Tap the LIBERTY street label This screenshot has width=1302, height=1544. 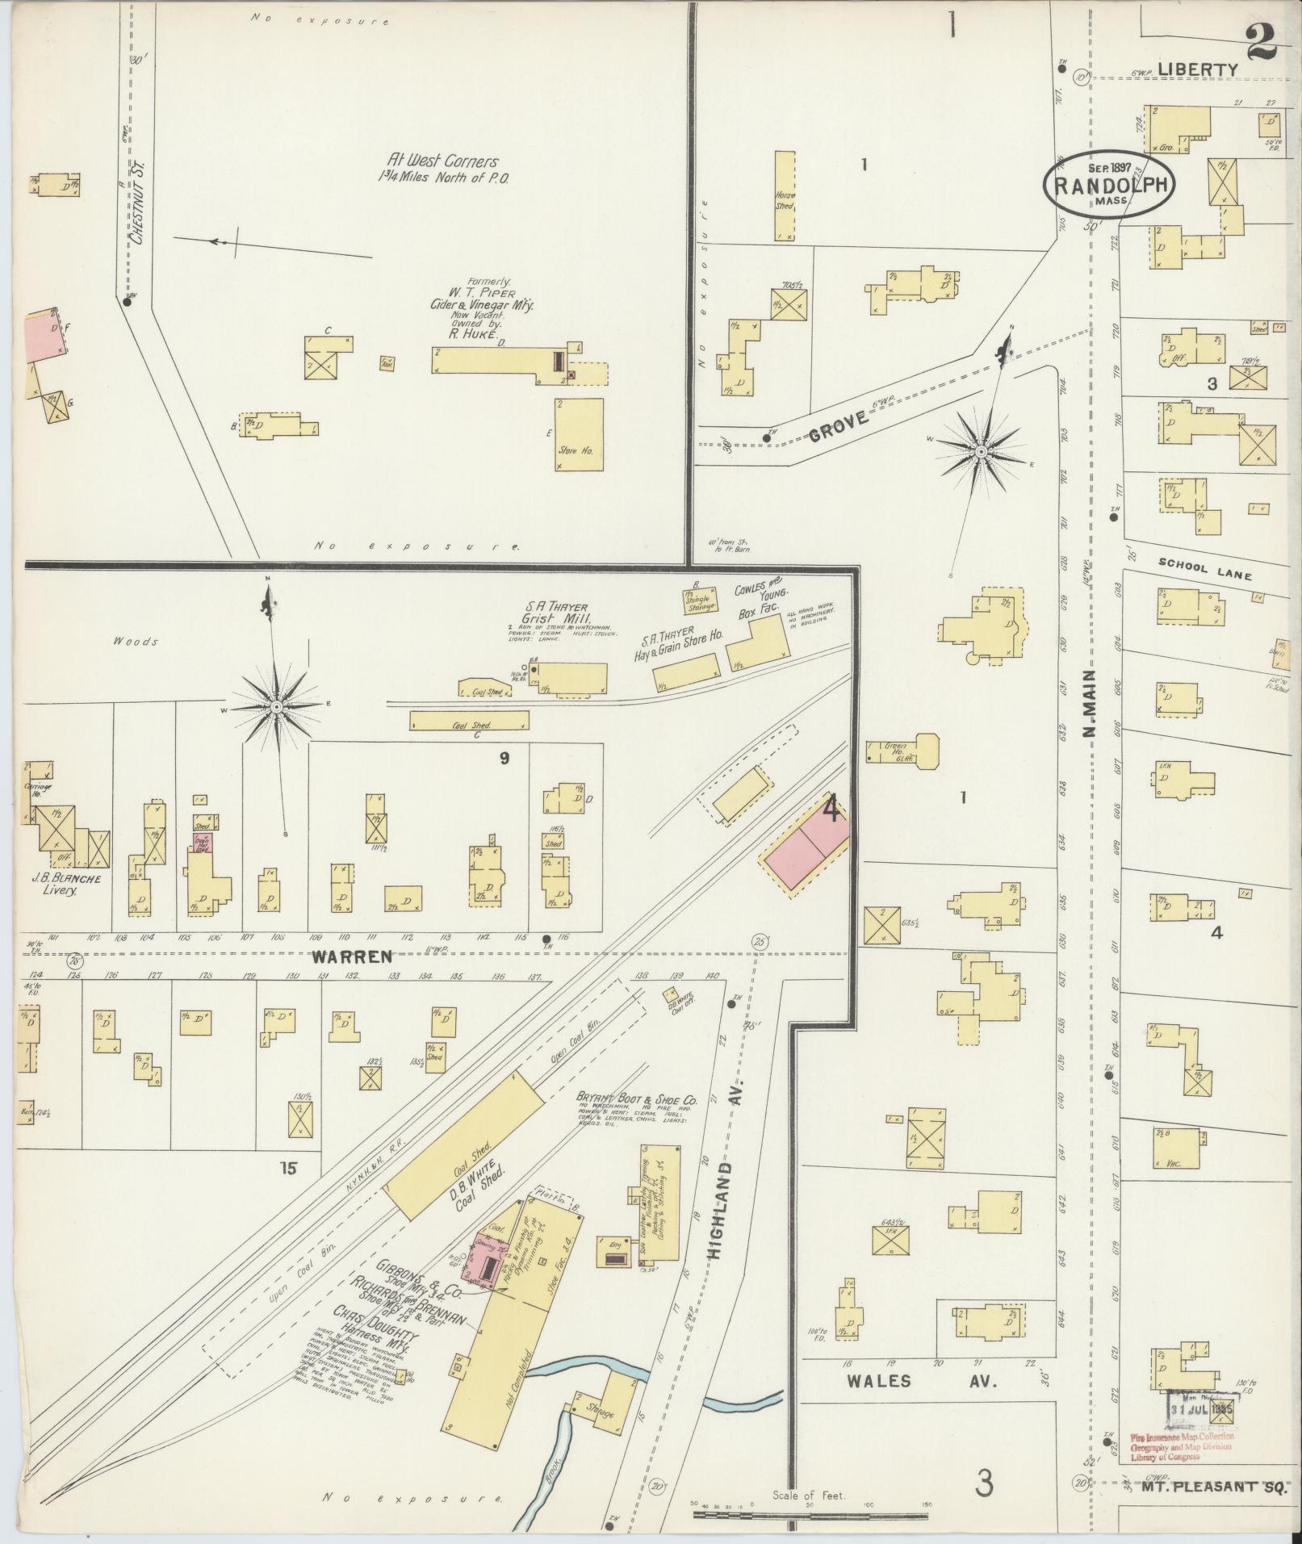click(1197, 70)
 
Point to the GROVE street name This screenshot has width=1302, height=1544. click(839, 426)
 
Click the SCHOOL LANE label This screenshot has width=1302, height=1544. click(1204, 571)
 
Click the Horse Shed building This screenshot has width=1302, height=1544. click(785, 195)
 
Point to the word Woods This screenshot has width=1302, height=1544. click(136, 642)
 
